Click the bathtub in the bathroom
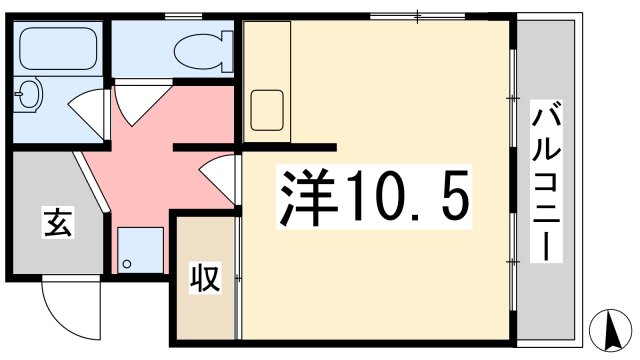pos(58,49)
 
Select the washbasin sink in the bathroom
pos(29,94)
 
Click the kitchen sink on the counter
pos(267,110)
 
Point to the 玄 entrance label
pos(58,222)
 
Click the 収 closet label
pos(205,278)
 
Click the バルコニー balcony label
pos(546,181)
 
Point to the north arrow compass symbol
pos(611,330)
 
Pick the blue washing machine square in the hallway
pos(141,250)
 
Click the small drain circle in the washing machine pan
pos(127,264)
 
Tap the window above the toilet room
pos(183,16)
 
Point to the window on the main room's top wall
pos(418,16)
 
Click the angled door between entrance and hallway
pos(91,182)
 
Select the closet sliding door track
pos(238,278)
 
